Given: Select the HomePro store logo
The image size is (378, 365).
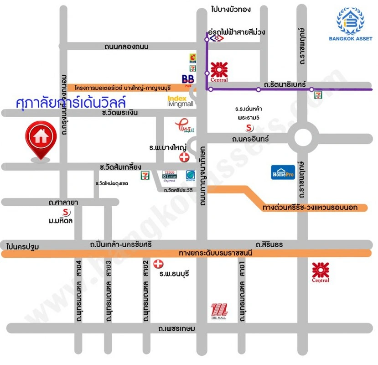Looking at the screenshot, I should tap(283, 172).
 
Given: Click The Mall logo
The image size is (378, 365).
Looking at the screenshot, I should tap(219, 312).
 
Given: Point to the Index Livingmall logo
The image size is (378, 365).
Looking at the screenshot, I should tap(181, 101).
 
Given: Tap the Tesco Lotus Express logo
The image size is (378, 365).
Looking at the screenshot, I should tap(171, 177).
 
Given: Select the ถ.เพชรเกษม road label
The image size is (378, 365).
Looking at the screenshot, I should tap(176, 328).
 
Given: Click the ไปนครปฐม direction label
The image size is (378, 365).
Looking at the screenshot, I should tap(23, 246).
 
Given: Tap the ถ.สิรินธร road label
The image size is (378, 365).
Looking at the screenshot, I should tap(269, 245).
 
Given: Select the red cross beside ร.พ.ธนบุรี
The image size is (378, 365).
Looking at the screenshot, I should tap(158, 264).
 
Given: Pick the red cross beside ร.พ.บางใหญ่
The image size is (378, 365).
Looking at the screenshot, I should tap(184, 157).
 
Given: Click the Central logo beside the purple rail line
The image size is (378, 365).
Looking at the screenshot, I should tap(219, 72).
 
